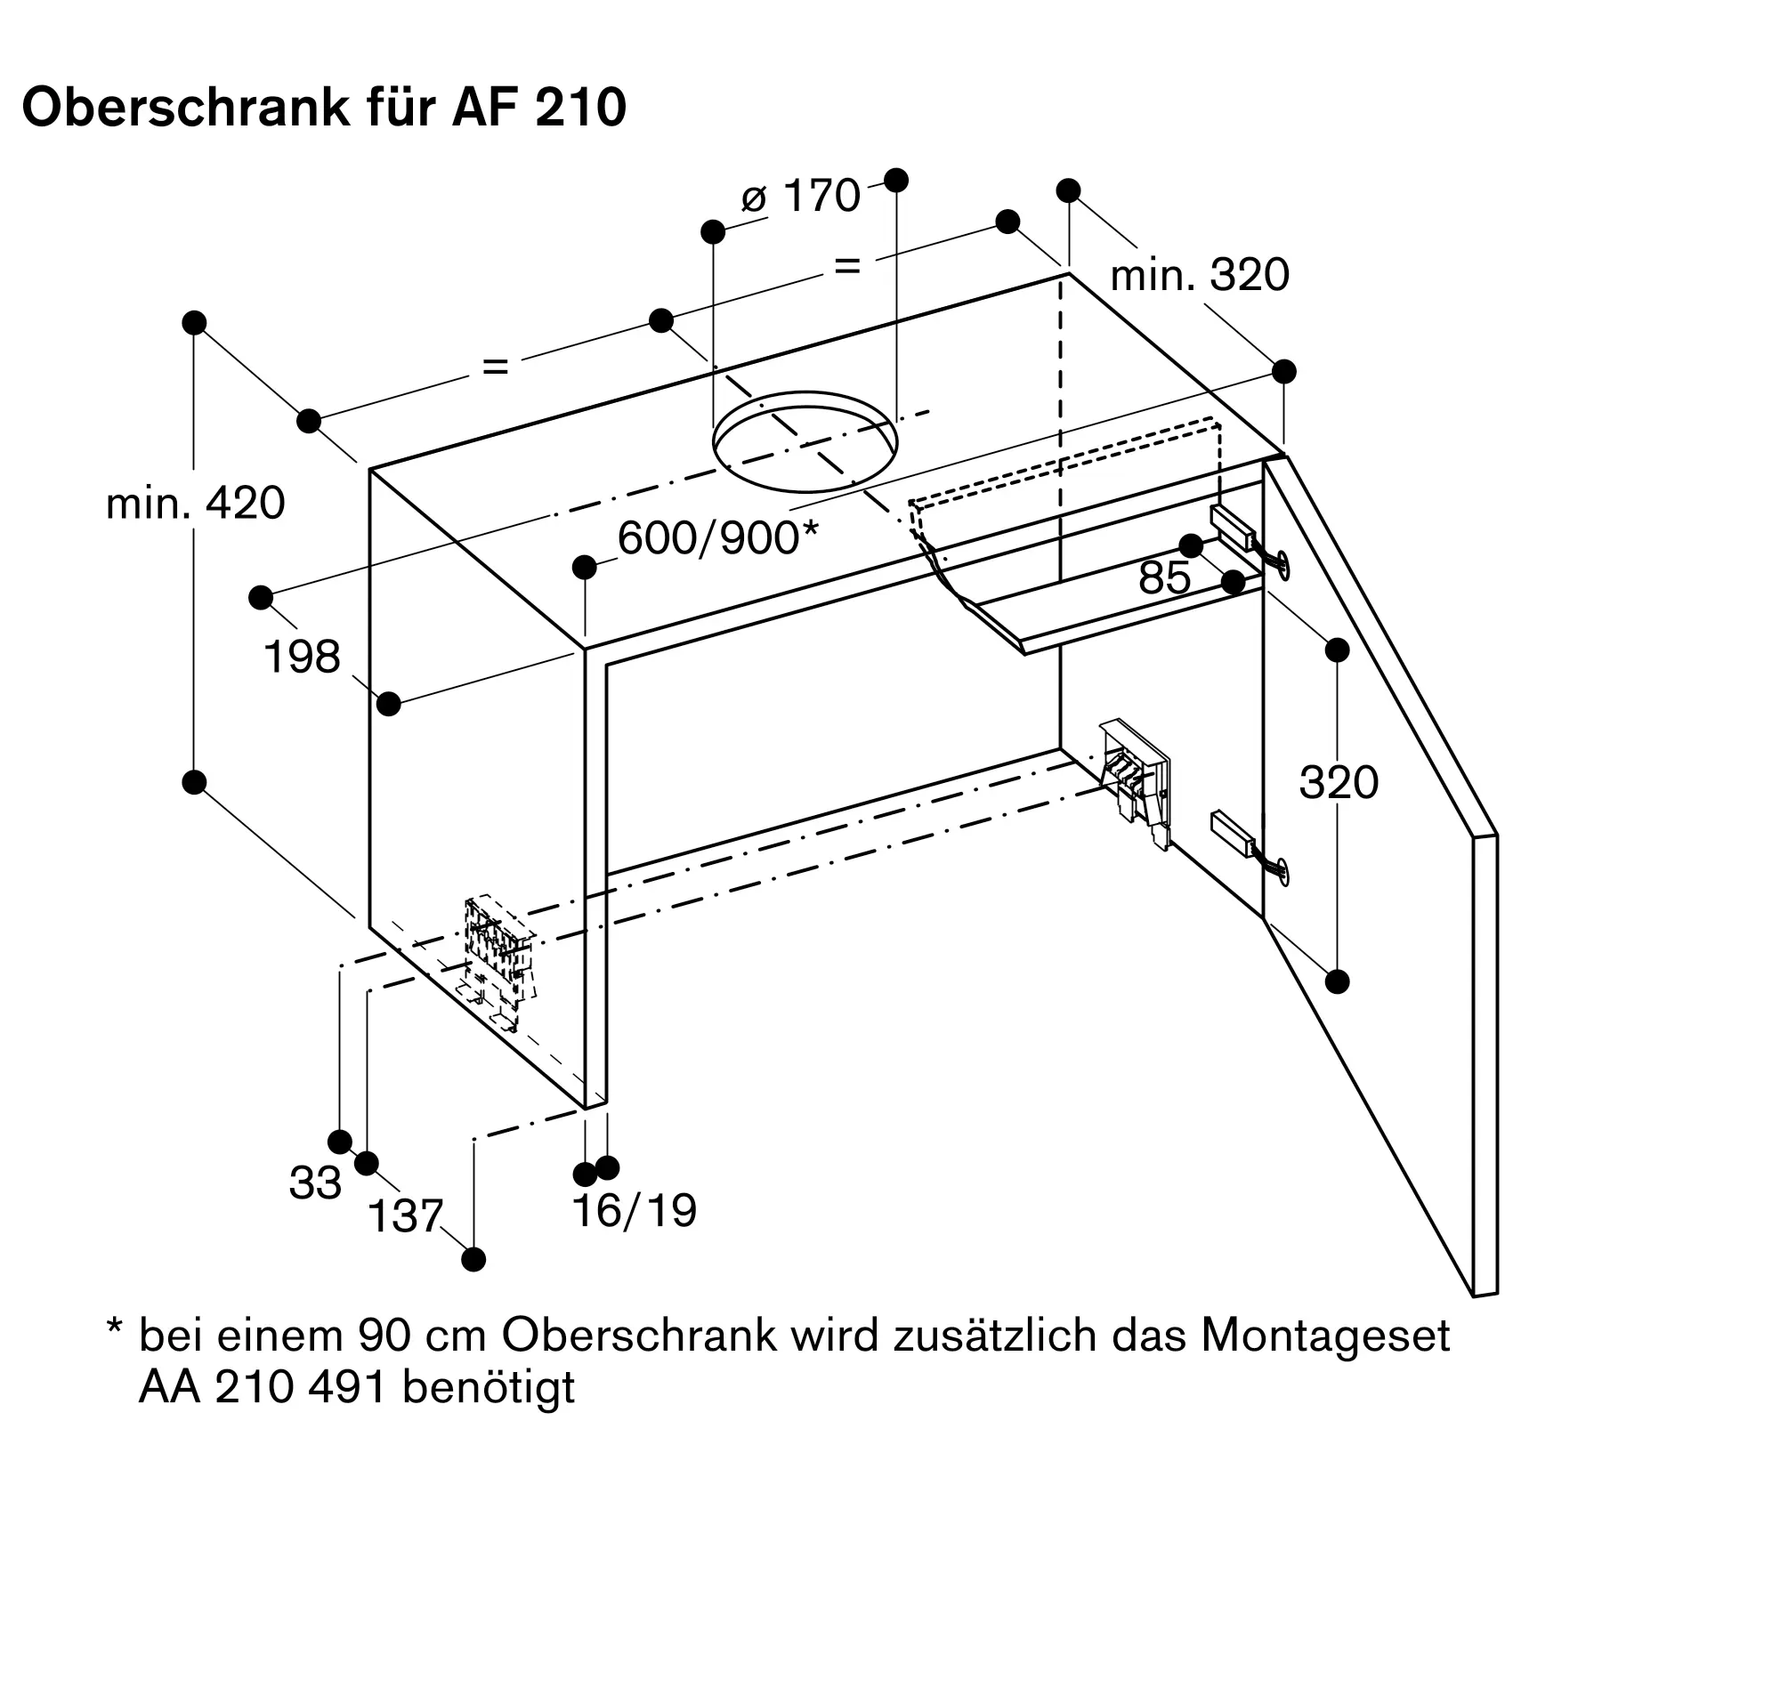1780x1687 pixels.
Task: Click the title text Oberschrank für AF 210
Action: [x=324, y=109]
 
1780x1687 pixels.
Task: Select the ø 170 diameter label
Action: [x=800, y=196]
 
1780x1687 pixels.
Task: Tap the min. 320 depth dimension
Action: [x=1199, y=275]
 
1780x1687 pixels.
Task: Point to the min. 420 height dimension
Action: [x=195, y=504]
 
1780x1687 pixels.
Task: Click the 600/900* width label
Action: [x=716, y=538]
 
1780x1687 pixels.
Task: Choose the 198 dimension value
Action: [x=302, y=658]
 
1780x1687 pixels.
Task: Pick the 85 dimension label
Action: [x=1164, y=578]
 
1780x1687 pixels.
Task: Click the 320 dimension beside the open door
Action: [x=1338, y=782]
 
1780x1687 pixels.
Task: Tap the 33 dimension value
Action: [x=315, y=1183]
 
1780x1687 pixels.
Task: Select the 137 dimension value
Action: [x=405, y=1216]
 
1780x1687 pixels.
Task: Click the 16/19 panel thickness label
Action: [x=634, y=1210]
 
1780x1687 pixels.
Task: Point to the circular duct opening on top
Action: [x=805, y=441]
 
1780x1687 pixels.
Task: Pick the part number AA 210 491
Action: [x=262, y=1386]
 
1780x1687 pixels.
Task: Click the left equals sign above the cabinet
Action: [x=496, y=366]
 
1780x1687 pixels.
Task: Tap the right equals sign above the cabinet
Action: [x=847, y=266]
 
